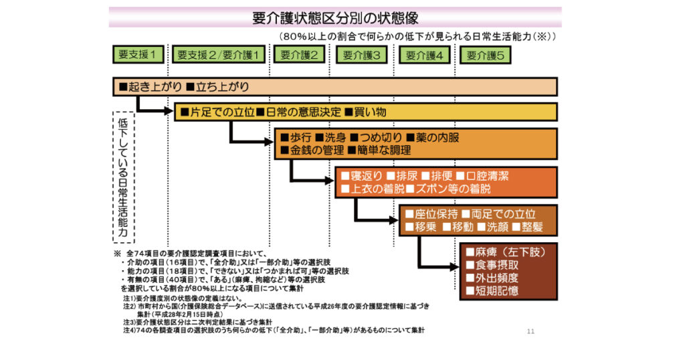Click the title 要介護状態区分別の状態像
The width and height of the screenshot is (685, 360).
335,17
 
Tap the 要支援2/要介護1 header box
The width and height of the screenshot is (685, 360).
219,55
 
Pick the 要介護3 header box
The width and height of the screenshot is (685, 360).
362,55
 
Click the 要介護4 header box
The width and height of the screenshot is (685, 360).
425,55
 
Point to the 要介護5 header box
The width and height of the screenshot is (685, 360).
486,55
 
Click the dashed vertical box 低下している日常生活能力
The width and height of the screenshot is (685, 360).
122,177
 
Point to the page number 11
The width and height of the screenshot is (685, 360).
531,331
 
